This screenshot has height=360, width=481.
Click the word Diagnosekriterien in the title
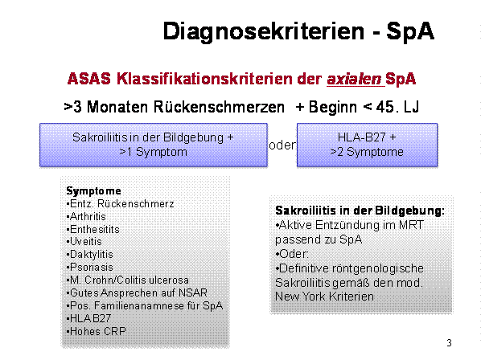click(x=264, y=31)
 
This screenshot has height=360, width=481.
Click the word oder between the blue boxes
click(x=282, y=145)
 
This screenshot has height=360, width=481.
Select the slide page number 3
click(x=449, y=343)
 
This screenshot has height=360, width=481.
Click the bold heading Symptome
click(x=93, y=191)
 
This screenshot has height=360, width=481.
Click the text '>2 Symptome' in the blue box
click(x=367, y=152)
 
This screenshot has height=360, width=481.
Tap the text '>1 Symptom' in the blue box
click(x=153, y=152)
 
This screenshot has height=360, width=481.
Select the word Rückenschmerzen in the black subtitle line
click(x=219, y=107)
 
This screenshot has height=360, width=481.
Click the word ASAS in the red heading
click(x=89, y=79)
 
